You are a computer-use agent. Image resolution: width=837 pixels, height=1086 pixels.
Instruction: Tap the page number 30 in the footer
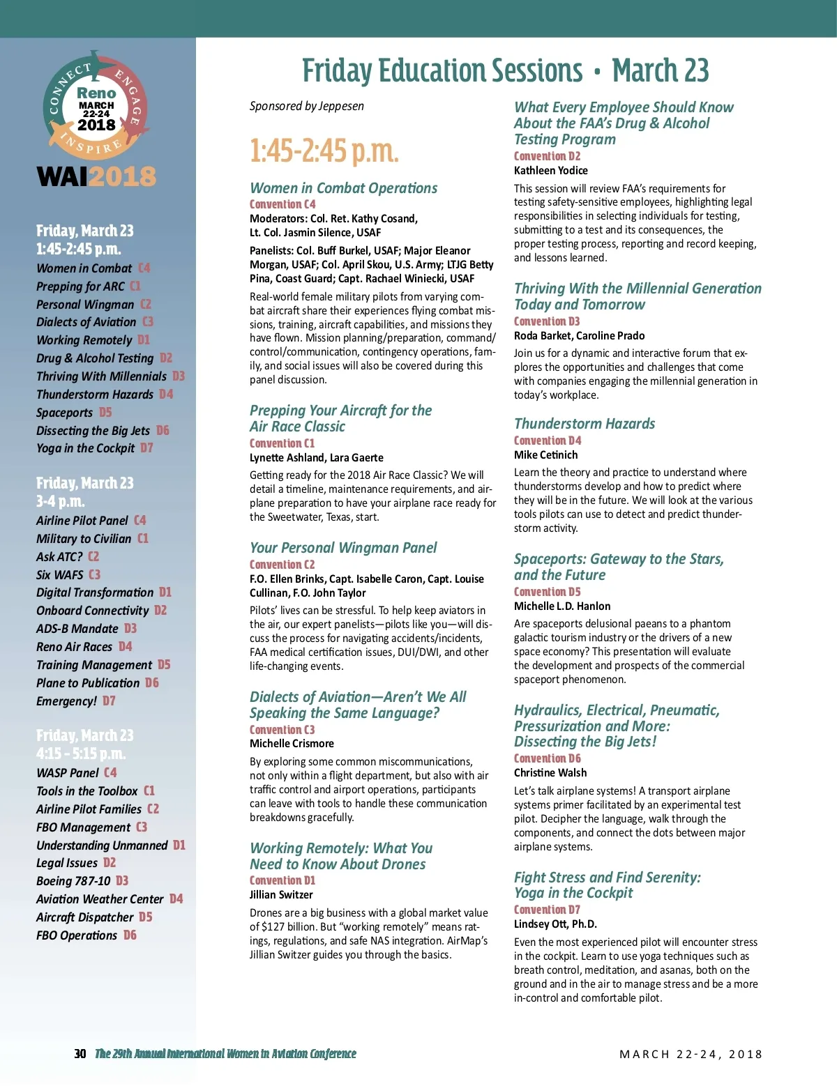click(80, 1054)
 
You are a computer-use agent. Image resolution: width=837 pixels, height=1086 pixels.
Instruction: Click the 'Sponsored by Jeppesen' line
click(307, 106)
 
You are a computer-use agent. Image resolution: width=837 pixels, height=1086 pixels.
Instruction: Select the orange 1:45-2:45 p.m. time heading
click(324, 151)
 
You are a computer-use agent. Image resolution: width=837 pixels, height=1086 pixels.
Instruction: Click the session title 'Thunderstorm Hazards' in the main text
click(585, 424)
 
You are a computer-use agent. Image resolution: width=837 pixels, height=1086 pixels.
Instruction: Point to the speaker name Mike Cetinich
click(545, 455)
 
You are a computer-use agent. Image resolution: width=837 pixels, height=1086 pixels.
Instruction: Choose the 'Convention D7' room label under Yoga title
click(547, 910)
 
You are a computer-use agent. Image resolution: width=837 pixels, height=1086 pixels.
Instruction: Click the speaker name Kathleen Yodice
click(550, 171)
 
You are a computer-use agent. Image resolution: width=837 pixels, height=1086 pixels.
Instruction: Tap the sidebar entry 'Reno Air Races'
click(74, 647)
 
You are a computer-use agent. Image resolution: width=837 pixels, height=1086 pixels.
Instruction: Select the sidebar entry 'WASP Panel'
click(68, 773)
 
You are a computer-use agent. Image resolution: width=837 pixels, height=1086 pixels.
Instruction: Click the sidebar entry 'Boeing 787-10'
click(73, 881)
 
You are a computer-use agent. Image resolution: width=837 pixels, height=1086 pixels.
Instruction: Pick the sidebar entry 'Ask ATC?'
click(59, 557)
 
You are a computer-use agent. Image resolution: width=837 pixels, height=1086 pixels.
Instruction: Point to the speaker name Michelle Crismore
click(292, 744)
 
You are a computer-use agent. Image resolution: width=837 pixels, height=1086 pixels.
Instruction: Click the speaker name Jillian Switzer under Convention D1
click(281, 895)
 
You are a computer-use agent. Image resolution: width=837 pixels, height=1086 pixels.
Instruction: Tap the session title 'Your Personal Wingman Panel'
click(343, 548)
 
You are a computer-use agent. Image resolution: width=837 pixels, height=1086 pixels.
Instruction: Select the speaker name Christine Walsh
click(550, 773)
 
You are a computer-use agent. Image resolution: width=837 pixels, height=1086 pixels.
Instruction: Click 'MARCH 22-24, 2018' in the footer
click(691, 1055)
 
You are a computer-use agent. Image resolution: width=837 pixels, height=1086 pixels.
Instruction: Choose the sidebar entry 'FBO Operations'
click(77, 935)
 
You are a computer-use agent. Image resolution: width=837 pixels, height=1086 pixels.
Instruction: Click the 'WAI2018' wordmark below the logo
click(96, 177)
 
